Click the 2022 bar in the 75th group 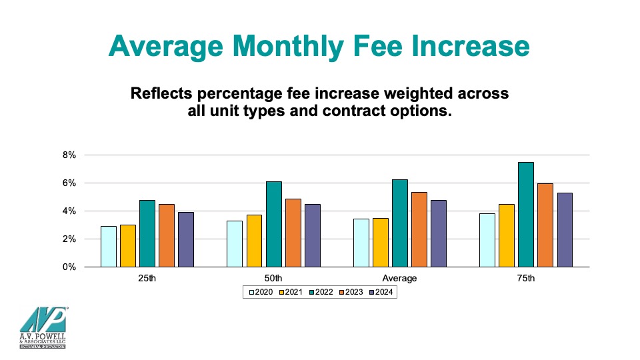point(525,215)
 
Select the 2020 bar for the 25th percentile point(109,247)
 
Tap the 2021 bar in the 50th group point(255,241)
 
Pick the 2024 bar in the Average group point(438,233)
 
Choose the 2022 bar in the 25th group point(147,233)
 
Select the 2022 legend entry point(320,291)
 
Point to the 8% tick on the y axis point(70,155)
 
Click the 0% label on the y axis point(70,267)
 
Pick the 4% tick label point(70,211)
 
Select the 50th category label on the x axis point(273,279)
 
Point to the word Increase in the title point(466,47)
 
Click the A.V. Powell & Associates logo point(43,329)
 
